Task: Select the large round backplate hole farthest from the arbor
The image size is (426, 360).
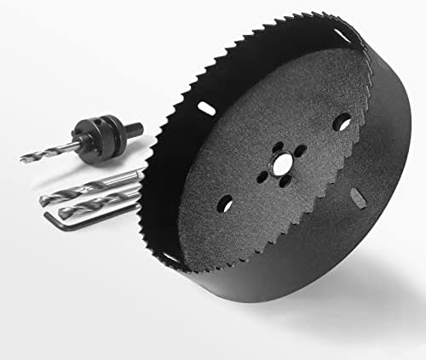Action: [341, 122]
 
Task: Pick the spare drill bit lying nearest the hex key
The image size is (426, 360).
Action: [94, 206]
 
